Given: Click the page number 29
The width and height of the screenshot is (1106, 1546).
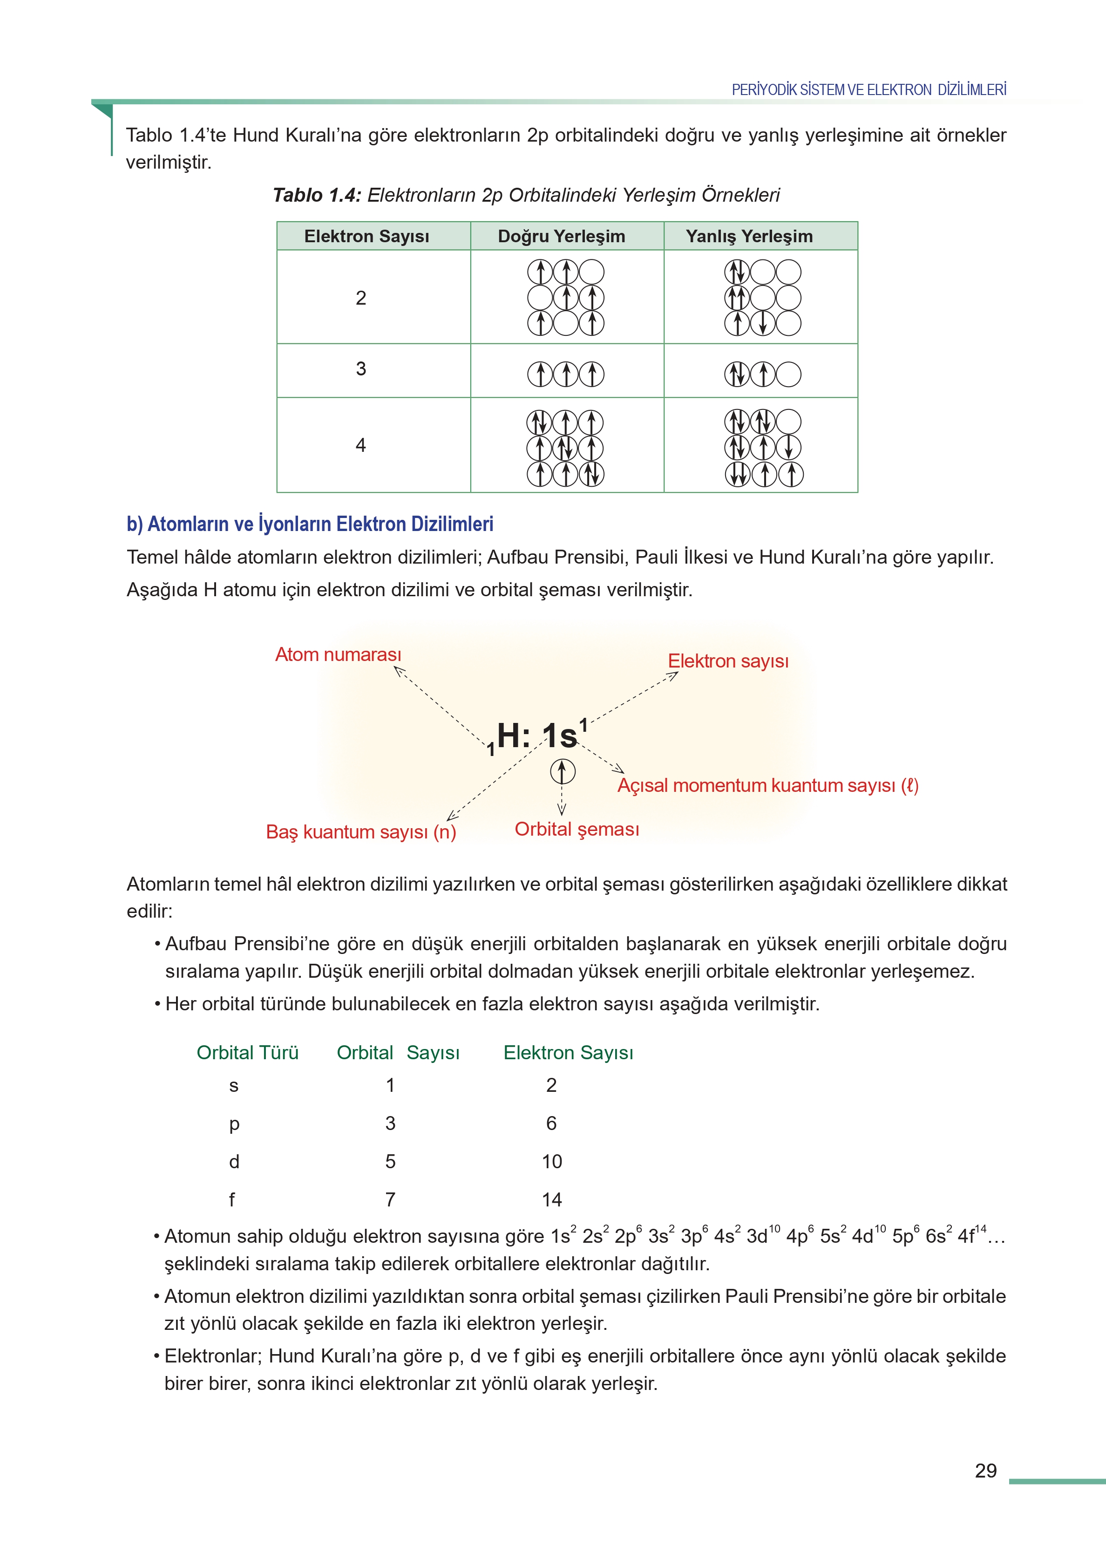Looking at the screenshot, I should pyautogui.click(x=985, y=1471).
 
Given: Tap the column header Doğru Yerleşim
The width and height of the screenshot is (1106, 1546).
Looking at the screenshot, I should pyautogui.click(x=561, y=236).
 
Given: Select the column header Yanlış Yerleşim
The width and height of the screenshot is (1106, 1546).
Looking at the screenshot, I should pyautogui.click(x=749, y=236).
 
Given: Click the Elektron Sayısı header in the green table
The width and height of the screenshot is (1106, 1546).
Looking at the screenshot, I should pyautogui.click(x=366, y=236).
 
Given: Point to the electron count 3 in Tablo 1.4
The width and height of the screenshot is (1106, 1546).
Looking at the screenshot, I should pyautogui.click(x=361, y=369).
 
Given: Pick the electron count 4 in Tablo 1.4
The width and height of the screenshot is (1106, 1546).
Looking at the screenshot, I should pyautogui.click(x=361, y=445).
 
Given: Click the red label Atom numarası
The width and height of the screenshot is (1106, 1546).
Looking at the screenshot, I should pyautogui.click(x=338, y=654).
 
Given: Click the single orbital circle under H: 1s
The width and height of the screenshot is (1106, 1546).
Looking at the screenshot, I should pyautogui.click(x=563, y=772).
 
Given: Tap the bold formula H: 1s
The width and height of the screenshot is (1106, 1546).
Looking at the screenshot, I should pyautogui.click(x=538, y=736).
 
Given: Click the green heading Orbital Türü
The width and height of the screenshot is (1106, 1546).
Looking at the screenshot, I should pyautogui.click(x=247, y=1052).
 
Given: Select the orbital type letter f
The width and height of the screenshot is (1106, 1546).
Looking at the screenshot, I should pyautogui.click(x=232, y=1199).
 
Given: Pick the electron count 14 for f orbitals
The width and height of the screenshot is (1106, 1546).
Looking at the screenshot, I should pyautogui.click(x=552, y=1199).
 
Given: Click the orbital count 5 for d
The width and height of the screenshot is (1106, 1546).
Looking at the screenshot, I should pyautogui.click(x=390, y=1161).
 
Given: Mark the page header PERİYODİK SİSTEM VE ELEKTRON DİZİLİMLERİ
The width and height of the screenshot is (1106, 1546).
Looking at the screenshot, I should pyautogui.click(x=869, y=90).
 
